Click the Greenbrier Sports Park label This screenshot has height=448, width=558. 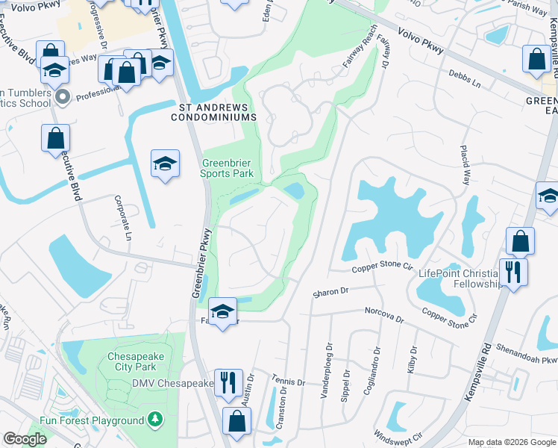click(x=228, y=168)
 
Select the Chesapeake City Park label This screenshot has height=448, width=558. click(x=135, y=361)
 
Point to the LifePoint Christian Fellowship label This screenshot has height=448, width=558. click(x=459, y=279)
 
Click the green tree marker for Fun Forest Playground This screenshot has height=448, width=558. click(x=155, y=420)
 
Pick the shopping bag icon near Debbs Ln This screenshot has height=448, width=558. click(x=536, y=60)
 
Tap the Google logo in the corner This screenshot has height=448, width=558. click(x=25, y=439)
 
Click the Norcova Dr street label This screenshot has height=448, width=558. click(x=383, y=314)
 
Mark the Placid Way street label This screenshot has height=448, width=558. click(x=465, y=165)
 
